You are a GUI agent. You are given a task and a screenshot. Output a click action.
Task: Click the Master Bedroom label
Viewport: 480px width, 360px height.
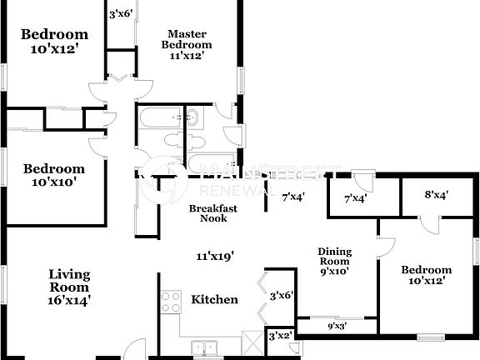click(x=187, y=39)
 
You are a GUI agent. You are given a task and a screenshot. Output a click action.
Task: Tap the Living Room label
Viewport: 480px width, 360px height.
click(x=68, y=279)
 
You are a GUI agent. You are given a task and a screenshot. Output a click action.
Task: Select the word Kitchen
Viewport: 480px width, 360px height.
click(x=215, y=300)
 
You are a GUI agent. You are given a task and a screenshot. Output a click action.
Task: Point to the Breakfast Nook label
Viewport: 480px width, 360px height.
click(x=208, y=212)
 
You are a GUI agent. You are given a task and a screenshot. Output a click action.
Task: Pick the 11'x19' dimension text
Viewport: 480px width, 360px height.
click(x=214, y=257)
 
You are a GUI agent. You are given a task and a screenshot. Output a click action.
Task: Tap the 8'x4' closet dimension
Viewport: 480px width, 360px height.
click(x=436, y=196)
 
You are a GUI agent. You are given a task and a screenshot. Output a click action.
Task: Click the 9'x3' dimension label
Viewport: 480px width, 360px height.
click(x=337, y=327)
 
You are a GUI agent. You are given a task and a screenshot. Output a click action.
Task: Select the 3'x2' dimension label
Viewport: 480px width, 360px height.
click(x=279, y=335)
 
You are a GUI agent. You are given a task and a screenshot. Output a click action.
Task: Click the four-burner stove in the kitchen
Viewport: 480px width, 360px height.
click(x=171, y=301)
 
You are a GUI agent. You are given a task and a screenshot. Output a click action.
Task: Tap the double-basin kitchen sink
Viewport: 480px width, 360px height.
click(x=204, y=346)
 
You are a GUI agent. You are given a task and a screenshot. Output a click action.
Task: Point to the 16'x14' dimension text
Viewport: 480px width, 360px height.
click(x=68, y=298)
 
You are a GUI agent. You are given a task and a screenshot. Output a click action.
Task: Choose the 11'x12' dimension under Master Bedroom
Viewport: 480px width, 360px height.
click(x=187, y=56)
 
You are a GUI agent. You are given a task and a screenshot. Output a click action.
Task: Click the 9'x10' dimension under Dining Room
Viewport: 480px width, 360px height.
click(x=334, y=270)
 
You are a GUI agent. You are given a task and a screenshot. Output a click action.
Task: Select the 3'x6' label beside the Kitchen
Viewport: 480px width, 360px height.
click(x=282, y=295)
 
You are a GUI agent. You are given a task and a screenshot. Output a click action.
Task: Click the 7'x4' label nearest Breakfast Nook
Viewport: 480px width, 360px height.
click(x=292, y=197)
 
